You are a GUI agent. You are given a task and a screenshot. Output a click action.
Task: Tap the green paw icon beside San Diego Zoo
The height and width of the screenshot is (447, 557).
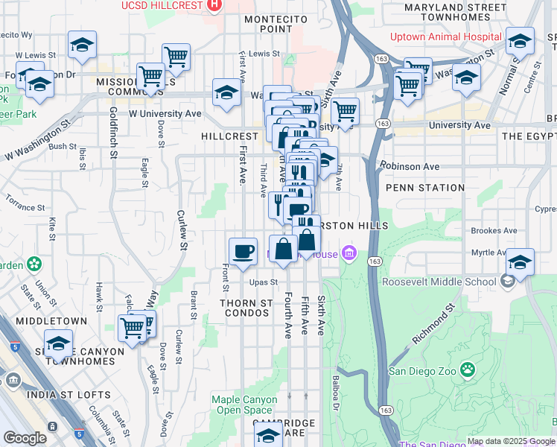[468, 370]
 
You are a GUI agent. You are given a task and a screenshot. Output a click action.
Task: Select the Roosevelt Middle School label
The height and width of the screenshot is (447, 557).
[439, 282]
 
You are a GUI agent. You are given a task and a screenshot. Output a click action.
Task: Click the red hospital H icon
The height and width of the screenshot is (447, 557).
[214, 5]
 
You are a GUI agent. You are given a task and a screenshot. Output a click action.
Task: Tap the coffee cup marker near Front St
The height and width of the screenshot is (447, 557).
[243, 253]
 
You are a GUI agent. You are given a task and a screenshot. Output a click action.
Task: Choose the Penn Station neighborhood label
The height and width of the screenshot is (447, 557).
[425, 188]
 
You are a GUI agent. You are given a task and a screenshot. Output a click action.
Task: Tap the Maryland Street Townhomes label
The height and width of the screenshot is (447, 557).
[457, 13]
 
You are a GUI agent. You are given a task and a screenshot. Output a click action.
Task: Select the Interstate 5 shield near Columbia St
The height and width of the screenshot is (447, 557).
[80, 434]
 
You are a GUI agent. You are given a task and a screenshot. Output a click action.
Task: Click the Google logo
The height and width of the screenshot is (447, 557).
[25, 438]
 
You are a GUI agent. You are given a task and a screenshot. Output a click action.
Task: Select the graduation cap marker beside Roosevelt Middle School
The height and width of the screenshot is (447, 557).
[521, 262]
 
